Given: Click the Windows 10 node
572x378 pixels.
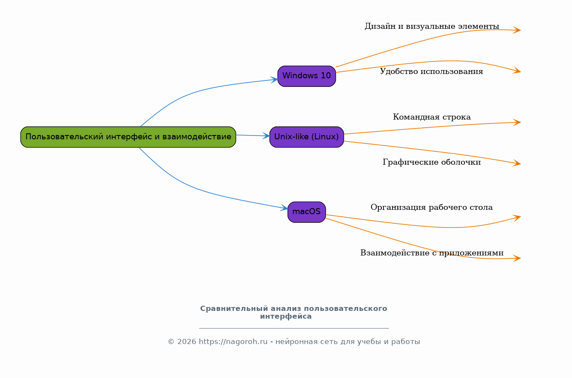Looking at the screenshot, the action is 307,76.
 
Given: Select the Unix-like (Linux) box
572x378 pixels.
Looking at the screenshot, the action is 307,137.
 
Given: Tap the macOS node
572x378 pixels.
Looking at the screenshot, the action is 307,212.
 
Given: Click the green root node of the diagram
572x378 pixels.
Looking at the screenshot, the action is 128,137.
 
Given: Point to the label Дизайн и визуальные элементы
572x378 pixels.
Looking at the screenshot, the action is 432,26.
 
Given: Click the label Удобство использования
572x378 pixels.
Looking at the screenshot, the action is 432,71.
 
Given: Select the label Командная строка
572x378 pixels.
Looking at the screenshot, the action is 432,117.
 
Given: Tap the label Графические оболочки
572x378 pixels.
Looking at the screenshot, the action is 432,162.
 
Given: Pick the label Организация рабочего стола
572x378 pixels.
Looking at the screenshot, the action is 432,207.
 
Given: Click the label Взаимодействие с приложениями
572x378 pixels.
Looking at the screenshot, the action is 432,253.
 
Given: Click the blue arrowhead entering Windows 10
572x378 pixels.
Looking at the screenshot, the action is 274,80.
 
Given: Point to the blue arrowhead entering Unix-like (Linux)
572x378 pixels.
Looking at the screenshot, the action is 266,136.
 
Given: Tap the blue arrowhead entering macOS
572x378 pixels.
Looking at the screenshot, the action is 284,208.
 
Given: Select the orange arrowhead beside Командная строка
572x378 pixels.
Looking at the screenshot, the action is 517,123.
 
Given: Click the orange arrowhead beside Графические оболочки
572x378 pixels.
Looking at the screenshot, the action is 517,163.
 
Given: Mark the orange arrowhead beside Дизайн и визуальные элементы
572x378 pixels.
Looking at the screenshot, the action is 517,30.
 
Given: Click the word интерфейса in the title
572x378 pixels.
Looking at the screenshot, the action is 286,317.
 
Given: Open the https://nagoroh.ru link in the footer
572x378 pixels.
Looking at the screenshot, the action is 233,342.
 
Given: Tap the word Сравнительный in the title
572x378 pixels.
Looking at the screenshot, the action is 234,309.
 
